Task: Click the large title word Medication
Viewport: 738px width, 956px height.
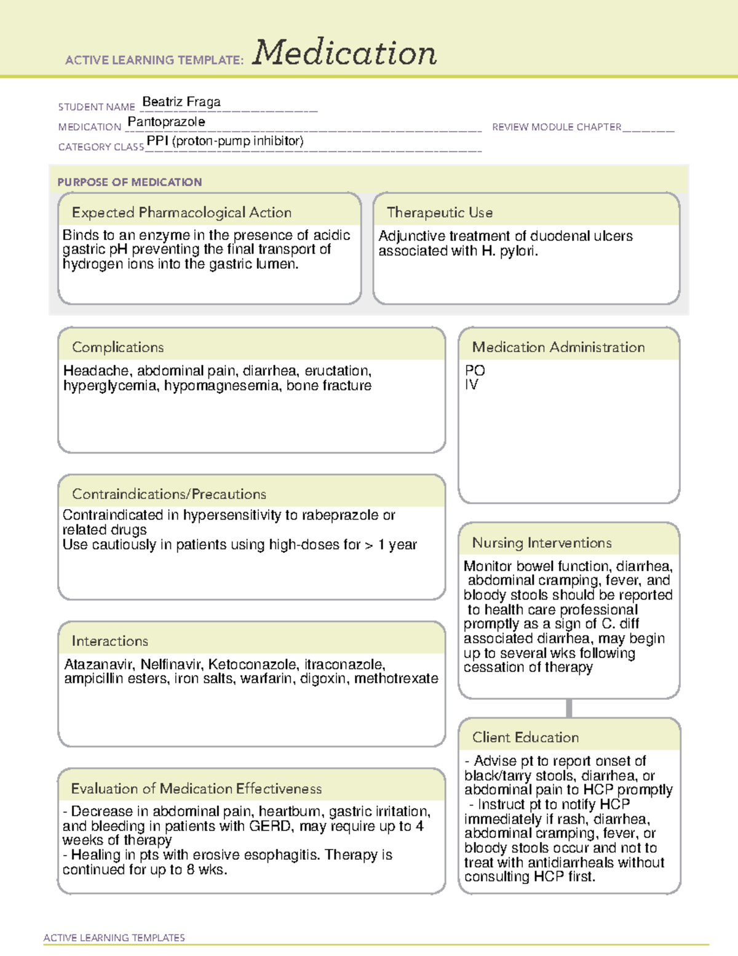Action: (344, 53)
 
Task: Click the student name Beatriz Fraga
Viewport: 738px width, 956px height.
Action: (181, 102)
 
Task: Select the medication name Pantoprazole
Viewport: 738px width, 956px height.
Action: (166, 122)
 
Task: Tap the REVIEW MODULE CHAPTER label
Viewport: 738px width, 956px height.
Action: (557, 127)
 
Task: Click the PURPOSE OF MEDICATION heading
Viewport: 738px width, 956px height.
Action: (129, 182)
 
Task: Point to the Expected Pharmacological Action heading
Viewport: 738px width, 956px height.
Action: (181, 212)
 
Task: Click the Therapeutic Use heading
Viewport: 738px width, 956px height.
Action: (440, 212)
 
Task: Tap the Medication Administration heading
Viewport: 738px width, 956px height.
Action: (558, 347)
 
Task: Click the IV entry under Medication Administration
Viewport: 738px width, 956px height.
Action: (472, 385)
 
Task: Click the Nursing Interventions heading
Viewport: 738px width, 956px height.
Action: (542, 543)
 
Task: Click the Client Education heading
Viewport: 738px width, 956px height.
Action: (525, 737)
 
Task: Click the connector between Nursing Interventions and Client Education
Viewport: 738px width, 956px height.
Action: (569, 708)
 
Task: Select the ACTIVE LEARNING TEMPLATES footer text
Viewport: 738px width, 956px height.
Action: (114, 938)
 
